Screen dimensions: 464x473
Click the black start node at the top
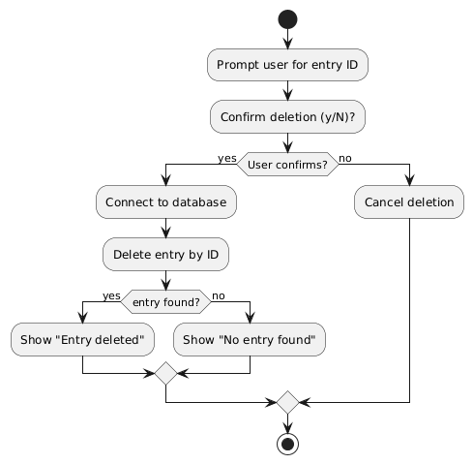pyautogui.click(x=287, y=19)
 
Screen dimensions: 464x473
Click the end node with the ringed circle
pyautogui.click(x=287, y=443)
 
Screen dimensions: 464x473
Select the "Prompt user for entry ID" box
pyautogui.click(x=287, y=65)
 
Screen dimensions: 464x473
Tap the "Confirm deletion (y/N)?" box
pyautogui.click(x=287, y=117)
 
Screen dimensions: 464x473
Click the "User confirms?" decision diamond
pyautogui.click(x=287, y=164)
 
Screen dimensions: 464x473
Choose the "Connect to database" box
pyautogui.click(x=165, y=202)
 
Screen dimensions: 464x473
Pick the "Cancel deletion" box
pyautogui.click(x=409, y=202)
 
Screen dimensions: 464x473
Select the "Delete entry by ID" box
pyautogui.click(x=165, y=255)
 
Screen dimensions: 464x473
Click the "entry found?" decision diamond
pyautogui.click(x=165, y=302)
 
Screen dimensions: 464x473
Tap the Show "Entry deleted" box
pyautogui.click(x=83, y=340)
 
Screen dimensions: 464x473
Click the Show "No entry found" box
pyautogui.click(x=250, y=340)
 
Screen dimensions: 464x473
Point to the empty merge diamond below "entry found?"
pyautogui.click(x=165, y=373)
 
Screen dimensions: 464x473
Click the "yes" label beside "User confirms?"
pyautogui.click(x=227, y=157)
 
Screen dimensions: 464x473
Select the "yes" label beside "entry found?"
pyautogui.click(x=111, y=295)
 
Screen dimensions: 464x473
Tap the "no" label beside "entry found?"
pyautogui.click(x=218, y=295)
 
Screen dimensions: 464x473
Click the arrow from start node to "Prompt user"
pyautogui.click(x=287, y=39)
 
